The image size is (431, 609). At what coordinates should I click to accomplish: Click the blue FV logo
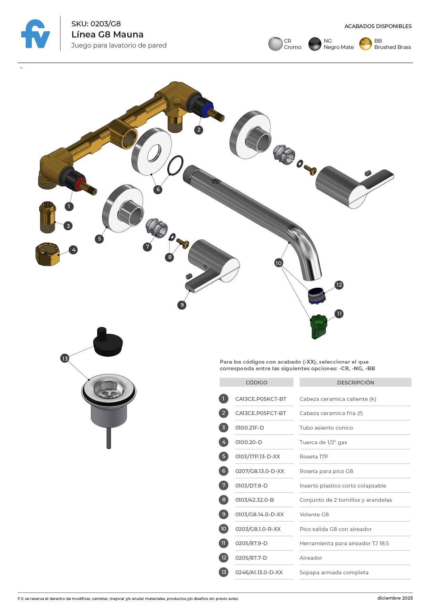[35, 34]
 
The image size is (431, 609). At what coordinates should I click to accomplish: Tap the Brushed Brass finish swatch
[365, 44]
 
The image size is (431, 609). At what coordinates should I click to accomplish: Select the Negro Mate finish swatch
[315, 44]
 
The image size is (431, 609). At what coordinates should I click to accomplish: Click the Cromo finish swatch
[275, 44]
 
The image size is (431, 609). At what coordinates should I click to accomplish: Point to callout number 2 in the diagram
[198, 130]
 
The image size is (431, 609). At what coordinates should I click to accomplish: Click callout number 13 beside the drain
[65, 358]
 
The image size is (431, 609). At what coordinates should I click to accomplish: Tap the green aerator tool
[318, 327]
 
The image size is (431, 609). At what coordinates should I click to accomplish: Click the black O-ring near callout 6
[175, 166]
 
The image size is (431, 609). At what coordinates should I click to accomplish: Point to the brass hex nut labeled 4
[48, 254]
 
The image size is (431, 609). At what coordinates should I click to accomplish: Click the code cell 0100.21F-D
[250, 428]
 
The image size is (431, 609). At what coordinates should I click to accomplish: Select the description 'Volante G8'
[314, 515]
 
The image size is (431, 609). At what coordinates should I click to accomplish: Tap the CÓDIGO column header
[256, 382]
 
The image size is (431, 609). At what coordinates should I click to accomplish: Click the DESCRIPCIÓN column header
[355, 382]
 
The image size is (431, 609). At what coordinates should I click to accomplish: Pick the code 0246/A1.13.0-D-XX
[259, 573]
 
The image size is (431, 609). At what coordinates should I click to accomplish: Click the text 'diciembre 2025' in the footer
[395, 598]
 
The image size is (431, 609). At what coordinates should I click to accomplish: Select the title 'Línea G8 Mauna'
[107, 34]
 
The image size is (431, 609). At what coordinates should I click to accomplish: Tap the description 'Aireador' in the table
[311, 558]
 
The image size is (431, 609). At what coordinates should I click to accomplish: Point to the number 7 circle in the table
[224, 485]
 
